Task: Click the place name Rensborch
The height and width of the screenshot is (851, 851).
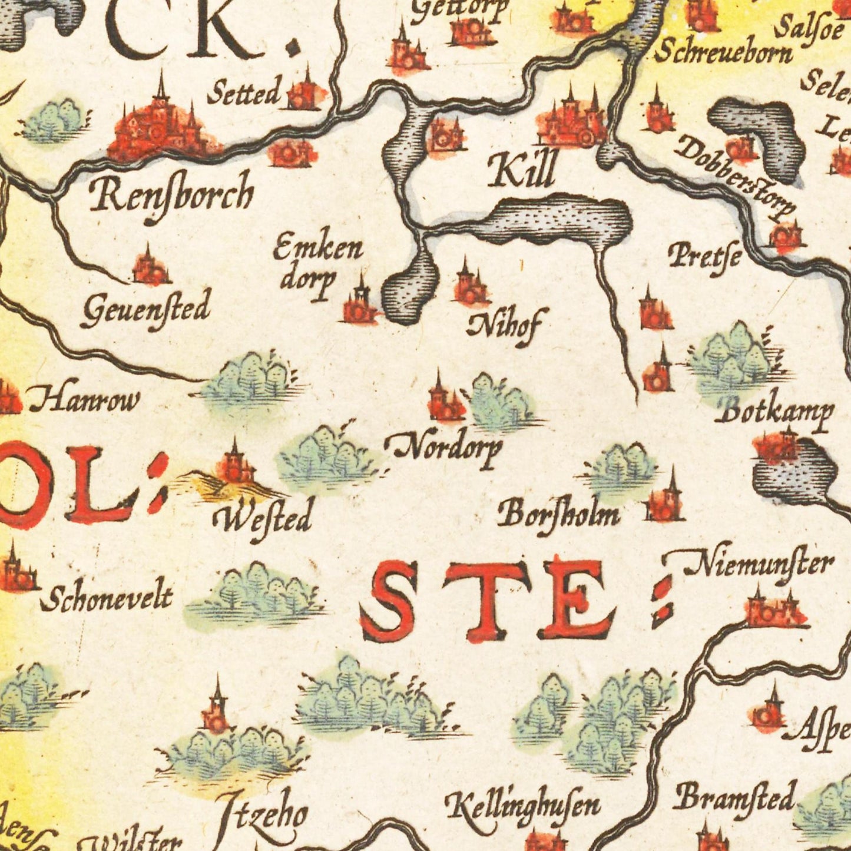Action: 171,195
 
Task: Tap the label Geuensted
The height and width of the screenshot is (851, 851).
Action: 145,309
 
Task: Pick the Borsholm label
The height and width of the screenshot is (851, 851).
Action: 558,514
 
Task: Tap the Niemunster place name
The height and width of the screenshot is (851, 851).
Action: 760,565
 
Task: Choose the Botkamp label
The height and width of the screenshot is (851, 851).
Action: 774,413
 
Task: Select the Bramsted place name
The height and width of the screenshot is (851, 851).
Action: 735,799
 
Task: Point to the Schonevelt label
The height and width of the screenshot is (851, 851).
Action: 107,598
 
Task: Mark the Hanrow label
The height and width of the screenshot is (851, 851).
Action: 85,400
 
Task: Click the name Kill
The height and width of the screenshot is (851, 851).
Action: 522,169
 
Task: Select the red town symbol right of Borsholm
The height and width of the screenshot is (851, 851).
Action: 665,504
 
